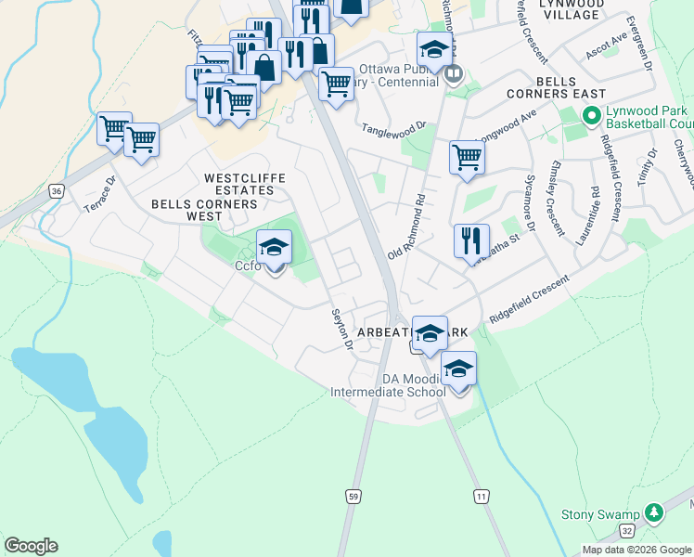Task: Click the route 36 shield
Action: pos(57,191)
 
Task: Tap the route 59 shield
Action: pos(353,497)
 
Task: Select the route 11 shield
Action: pos(480,497)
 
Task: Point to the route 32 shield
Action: pos(628,530)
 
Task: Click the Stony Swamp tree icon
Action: pos(655,513)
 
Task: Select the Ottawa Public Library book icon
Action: pos(453,74)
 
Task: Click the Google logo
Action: pos(31,546)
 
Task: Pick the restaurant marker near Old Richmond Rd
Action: pos(471,240)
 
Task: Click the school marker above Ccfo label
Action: pos(274,247)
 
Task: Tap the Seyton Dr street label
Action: pos(342,330)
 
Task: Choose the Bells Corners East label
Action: pos(556,88)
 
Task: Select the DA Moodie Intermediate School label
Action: pos(388,385)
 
